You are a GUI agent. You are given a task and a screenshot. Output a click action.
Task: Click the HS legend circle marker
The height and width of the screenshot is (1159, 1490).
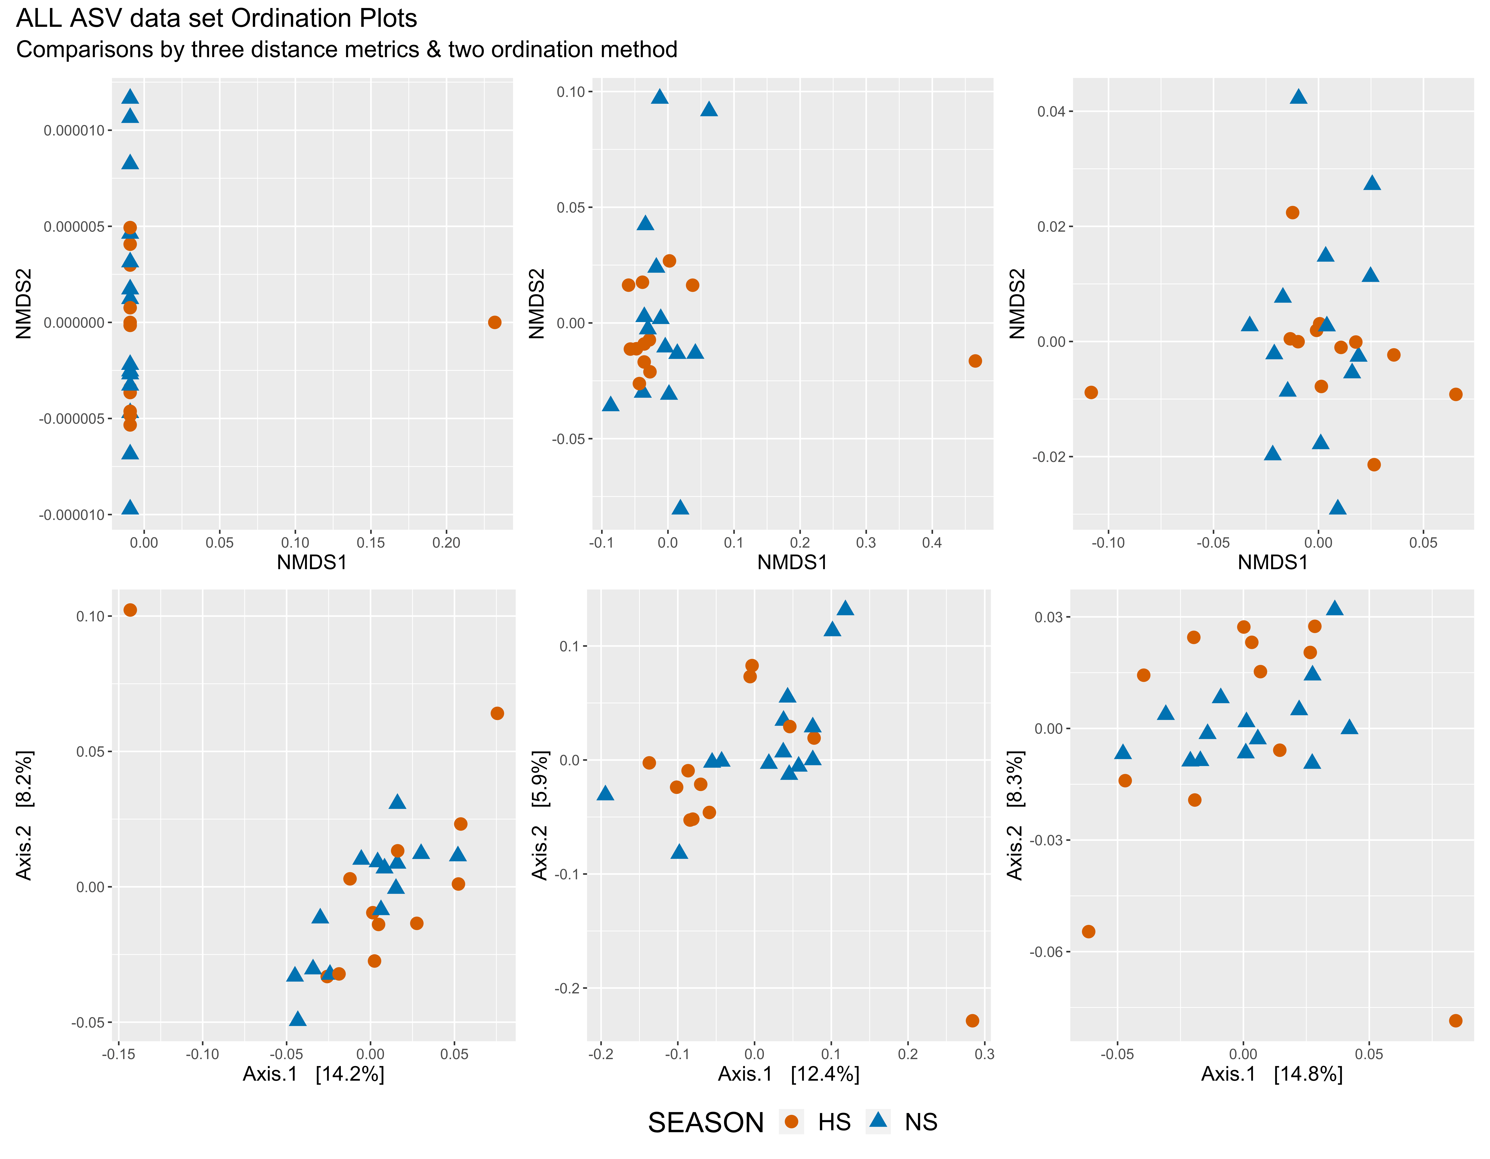[x=791, y=1122]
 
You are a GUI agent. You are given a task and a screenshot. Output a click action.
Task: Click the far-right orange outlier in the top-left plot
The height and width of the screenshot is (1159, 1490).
[x=495, y=322]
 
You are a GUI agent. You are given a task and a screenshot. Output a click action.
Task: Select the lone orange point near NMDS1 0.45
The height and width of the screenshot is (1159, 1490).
[x=975, y=361]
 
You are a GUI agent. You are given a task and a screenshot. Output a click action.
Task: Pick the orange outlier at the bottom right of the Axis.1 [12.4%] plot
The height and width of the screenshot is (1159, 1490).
[x=972, y=1021]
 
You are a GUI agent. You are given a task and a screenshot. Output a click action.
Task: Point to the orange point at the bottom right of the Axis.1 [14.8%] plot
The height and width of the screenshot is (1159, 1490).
[x=1455, y=1021]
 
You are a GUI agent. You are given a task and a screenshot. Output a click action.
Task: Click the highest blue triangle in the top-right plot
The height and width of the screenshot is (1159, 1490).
[x=1298, y=96]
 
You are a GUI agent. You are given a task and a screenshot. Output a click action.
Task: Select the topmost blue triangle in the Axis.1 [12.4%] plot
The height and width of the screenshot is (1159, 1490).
[x=845, y=608]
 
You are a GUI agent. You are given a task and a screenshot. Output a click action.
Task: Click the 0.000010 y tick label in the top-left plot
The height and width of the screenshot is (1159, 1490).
[x=75, y=130]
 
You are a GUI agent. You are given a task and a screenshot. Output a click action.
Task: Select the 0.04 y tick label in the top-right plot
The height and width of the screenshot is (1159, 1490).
[x=1051, y=111]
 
